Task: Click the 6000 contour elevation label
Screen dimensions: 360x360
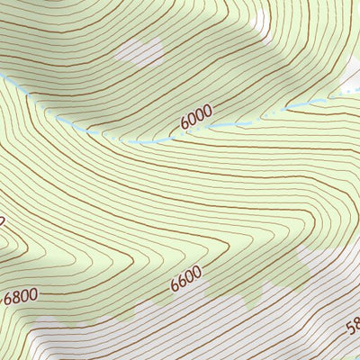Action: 196,113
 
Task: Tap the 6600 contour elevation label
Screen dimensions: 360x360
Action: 185,279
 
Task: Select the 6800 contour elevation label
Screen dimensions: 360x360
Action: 21,295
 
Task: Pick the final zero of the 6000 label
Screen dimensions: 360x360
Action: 208,109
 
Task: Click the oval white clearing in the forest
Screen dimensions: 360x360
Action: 139,51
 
